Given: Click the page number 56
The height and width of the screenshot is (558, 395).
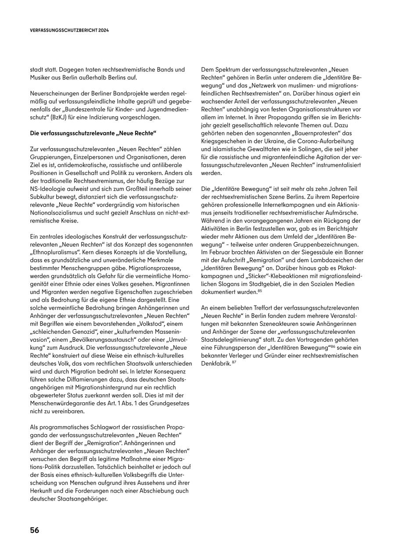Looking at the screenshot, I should pos(35,530).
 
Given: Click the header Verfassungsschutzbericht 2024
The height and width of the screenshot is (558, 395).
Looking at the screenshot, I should pos(69,31).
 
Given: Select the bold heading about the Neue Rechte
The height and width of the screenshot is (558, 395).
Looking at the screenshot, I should pos(93,132).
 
